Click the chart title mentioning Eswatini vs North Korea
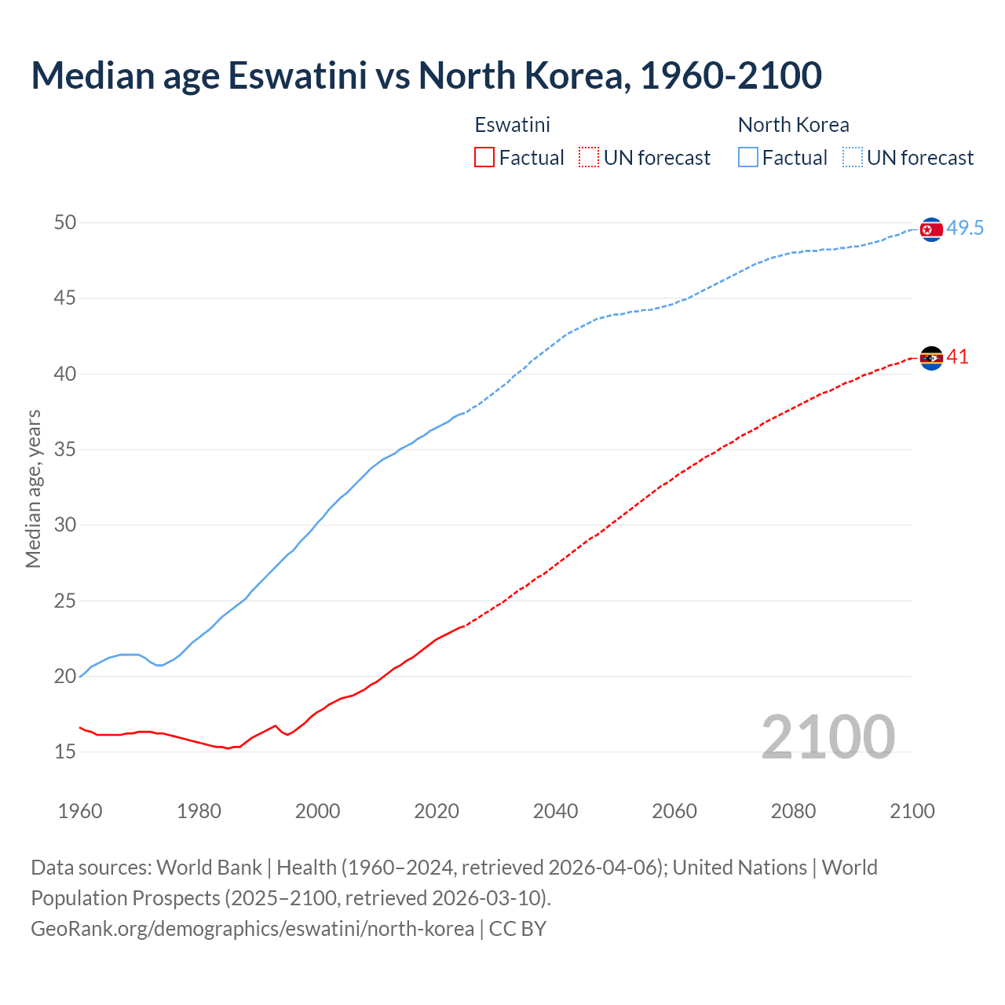coord(426,75)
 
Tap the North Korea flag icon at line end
coord(930,229)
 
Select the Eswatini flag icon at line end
coord(930,358)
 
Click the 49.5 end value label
coord(965,228)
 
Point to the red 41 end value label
coord(958,357)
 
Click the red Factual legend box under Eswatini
coord(484,158)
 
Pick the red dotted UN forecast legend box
coord(589,158)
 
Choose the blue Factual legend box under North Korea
coord(748,158)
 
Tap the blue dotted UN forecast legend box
coord(853,158)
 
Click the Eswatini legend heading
coord(512,125)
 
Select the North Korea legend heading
coord(793,125)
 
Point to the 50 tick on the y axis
coord(65,223)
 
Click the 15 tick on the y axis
coord(65,752)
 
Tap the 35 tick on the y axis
coord(65,450)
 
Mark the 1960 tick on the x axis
coord(80,811)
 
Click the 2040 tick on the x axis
coord(555,811)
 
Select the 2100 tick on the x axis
coord(912,811)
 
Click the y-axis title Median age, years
coord(33,488)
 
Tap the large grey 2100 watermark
coord(828,737)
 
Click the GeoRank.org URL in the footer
coord(252,929)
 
